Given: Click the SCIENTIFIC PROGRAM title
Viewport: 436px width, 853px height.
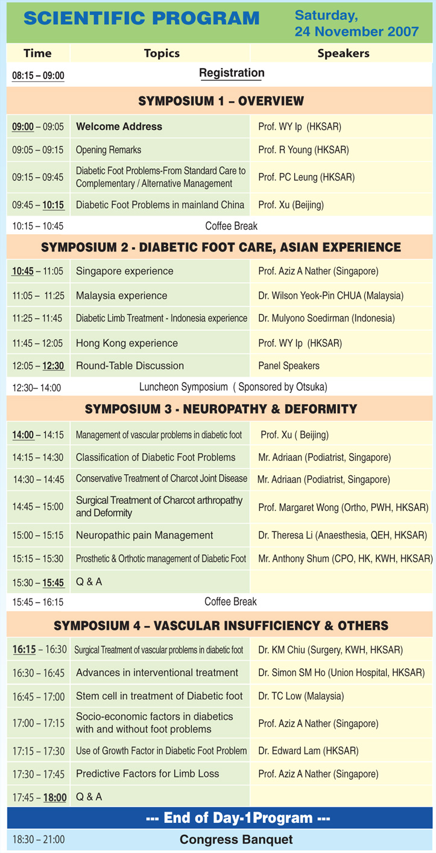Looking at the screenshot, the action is pyautogui.click(x=141, y=18).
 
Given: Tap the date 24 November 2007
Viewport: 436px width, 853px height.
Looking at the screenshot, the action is pyautogui.click(x=356, y=31).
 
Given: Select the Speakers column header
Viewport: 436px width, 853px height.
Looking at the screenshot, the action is pyautogui.click(x=344, y=53).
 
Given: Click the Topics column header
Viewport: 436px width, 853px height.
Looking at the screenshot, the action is pyautogui.click(x=162, y=53).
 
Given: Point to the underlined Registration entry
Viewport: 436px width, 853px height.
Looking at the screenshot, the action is pyautogui.click(x=232, y=73).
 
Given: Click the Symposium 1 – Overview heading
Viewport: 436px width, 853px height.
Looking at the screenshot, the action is pyautogui.click(x=221, y=101).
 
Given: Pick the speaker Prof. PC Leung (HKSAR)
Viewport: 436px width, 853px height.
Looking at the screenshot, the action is pyautogui.click(x=306, y=177).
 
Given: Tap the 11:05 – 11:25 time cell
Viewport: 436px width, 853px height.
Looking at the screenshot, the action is pyautogui.click(x=38, y=296).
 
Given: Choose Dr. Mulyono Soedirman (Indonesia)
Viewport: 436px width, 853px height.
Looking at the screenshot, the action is pyautogui.click(x=326, y=318).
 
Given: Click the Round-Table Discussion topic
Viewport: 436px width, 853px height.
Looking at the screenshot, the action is pyautogui.click(x=130, y=366).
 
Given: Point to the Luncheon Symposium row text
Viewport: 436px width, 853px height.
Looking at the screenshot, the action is pyautogui.click(x=233, y=387).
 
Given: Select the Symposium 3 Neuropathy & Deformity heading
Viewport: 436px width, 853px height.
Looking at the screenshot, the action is pyautogui.click(x=221, y=409).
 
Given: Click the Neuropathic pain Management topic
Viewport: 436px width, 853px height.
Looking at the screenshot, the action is pyautogui.click(x=144, y=535).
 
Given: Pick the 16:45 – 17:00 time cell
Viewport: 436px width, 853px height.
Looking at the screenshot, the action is pyautogui.click(x=39, y=697).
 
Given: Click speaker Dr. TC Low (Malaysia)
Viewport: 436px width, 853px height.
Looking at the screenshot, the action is pyautogui.click(x=301, y=696).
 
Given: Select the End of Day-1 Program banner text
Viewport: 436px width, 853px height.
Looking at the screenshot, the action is pyautogui.click(x=238, y=817).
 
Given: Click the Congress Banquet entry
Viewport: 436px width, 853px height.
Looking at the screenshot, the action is pyautogui.click(x=236, y=840).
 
